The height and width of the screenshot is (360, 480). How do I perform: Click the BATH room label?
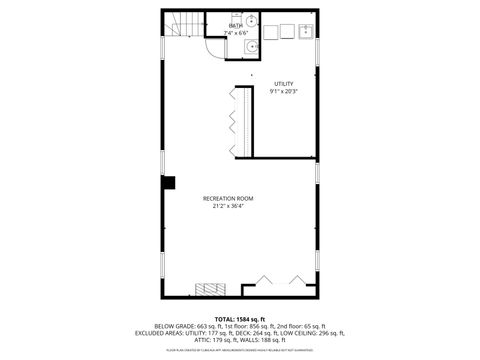point(234,25)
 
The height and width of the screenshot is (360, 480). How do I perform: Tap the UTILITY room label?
point(283,83)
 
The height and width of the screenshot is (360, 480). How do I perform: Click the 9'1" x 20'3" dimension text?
point(283,91)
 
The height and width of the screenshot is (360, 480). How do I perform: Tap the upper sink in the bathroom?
point(253,22)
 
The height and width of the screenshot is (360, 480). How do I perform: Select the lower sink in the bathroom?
point(253,45)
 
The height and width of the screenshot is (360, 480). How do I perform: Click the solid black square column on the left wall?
point(169,182)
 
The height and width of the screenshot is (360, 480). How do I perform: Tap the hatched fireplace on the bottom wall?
point(211,291)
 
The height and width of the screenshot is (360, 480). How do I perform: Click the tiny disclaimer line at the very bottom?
point(239,351)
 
